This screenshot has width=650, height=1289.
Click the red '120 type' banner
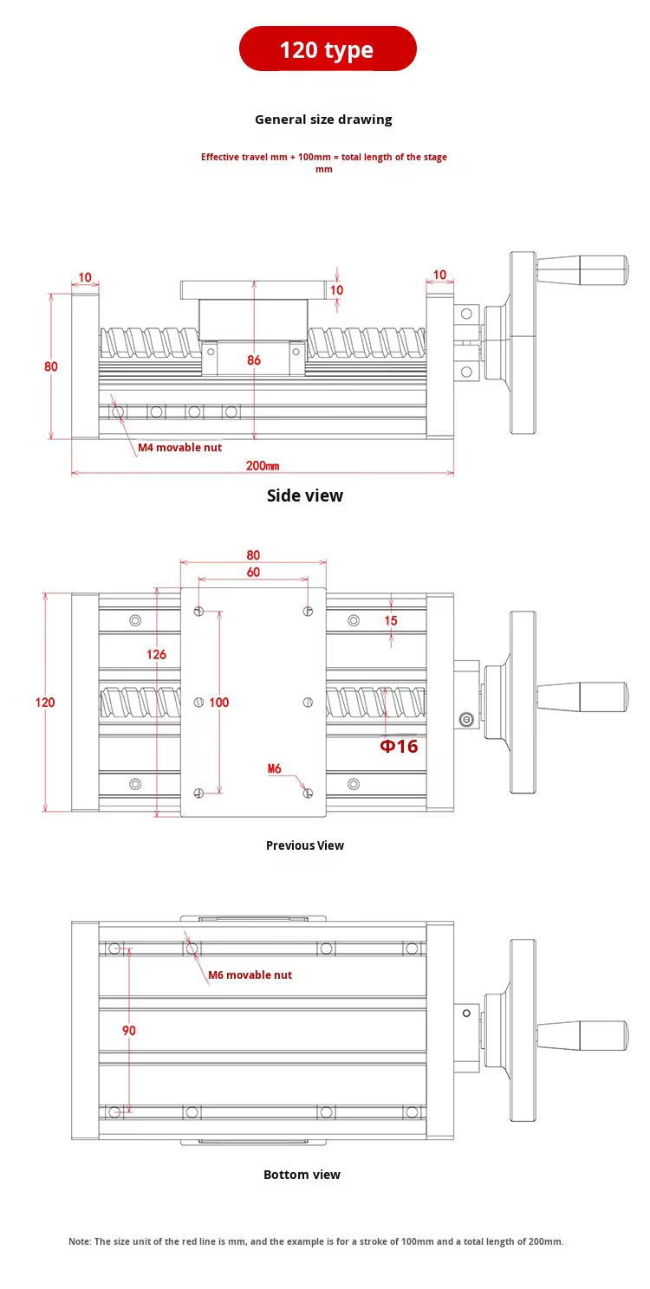pos(327,49)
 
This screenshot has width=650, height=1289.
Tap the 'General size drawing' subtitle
pos(323,120)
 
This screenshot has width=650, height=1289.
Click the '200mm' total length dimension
pos(263,465)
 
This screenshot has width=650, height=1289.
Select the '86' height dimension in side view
pos(254,360)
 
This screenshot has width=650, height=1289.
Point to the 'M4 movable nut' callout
pos(179,448)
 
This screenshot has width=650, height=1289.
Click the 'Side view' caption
pos(304,496)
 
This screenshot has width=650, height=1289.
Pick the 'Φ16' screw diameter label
pos(399,747)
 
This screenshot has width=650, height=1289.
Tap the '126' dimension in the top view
pos(156,654)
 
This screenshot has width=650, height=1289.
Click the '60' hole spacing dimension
pos(253,572)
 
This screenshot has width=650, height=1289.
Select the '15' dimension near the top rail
pos(391,620)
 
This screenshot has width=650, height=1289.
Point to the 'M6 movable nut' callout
pos(250,975)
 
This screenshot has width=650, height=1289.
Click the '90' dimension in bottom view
pos(129,1031)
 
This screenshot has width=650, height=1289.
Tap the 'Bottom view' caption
pos(302,1175)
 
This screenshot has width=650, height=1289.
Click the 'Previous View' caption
pos(304,845)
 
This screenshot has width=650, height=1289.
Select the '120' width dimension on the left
pos(45,702)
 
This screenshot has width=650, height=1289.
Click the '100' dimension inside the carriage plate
pos(218,702)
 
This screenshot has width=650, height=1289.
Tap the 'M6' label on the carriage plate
pos(274,768)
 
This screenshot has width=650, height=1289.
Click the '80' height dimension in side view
pos(50,366)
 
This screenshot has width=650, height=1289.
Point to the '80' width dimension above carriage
pos(253,554)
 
